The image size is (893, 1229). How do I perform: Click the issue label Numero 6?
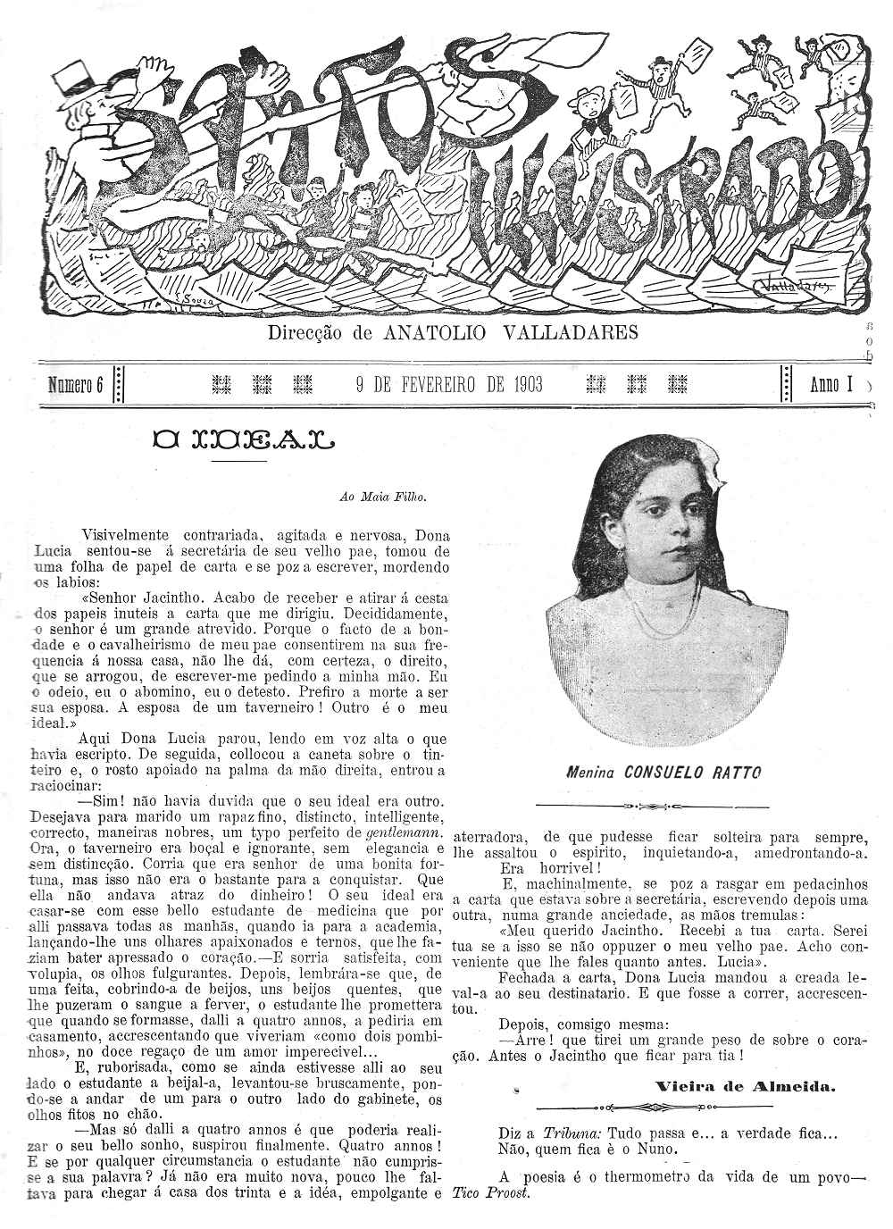77,385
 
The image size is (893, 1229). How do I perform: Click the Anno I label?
830,385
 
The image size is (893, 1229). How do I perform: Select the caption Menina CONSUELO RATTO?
663,772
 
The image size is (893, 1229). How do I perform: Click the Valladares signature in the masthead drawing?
794,286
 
